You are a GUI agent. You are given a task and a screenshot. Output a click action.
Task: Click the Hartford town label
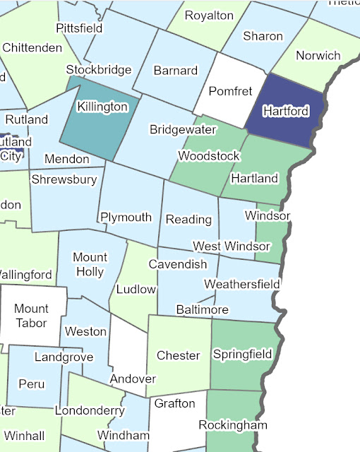(284, 111)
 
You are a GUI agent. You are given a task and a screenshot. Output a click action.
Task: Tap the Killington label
(102, 107)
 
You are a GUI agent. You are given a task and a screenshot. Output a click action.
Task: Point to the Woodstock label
(209, 155)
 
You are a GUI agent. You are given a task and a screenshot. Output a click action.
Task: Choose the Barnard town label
(175, 71)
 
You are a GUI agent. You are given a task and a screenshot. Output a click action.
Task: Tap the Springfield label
(243, 354)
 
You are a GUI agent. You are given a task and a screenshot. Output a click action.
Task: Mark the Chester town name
(178, 355)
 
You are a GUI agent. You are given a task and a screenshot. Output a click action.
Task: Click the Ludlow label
(136, 289)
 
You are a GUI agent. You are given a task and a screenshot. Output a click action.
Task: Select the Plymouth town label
(126, 217)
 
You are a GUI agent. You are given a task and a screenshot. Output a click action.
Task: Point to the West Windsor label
(232, 246)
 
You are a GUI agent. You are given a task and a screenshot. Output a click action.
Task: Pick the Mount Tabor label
(31, 316)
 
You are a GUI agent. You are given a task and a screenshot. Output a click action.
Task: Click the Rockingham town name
(233, 425)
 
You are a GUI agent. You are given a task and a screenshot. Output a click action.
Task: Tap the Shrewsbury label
(64, 179)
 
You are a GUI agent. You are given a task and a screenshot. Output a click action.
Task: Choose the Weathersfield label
(242, 284)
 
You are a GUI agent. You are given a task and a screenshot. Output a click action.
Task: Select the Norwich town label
(318, 55)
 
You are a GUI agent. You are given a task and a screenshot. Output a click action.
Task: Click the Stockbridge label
(99, 69)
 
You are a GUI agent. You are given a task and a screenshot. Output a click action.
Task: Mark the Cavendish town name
(178, 264)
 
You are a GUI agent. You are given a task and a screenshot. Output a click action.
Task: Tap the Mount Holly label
(90, 264)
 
